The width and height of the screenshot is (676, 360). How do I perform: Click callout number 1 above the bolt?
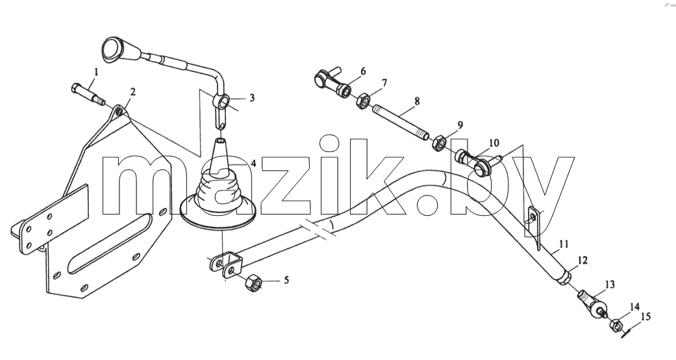tap(96, 71)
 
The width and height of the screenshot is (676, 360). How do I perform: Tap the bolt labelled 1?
tap(88, 94)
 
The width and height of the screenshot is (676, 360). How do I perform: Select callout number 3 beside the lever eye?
tap(251, 98)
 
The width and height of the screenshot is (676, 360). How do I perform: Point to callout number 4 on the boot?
tap(253, 164)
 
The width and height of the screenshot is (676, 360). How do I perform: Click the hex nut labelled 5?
tap(253, 283)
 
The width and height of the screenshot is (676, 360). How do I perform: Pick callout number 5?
tap(286, 281)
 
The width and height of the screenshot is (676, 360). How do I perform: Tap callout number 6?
tap(363, 71)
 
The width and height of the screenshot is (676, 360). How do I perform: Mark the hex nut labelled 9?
tap(438, 142)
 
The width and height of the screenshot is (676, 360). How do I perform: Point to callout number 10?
tap(494, 142)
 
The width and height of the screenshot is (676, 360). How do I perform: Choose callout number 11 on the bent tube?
tap(564, 245)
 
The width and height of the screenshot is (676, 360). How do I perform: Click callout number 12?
tap(582, 261)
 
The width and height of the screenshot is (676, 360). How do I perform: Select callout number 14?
tap(634, 307)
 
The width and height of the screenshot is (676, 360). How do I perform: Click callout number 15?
tap(645, 317)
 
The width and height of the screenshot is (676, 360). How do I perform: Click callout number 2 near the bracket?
tap(132, 92)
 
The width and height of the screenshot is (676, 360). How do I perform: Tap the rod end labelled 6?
tap(332, 81)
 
